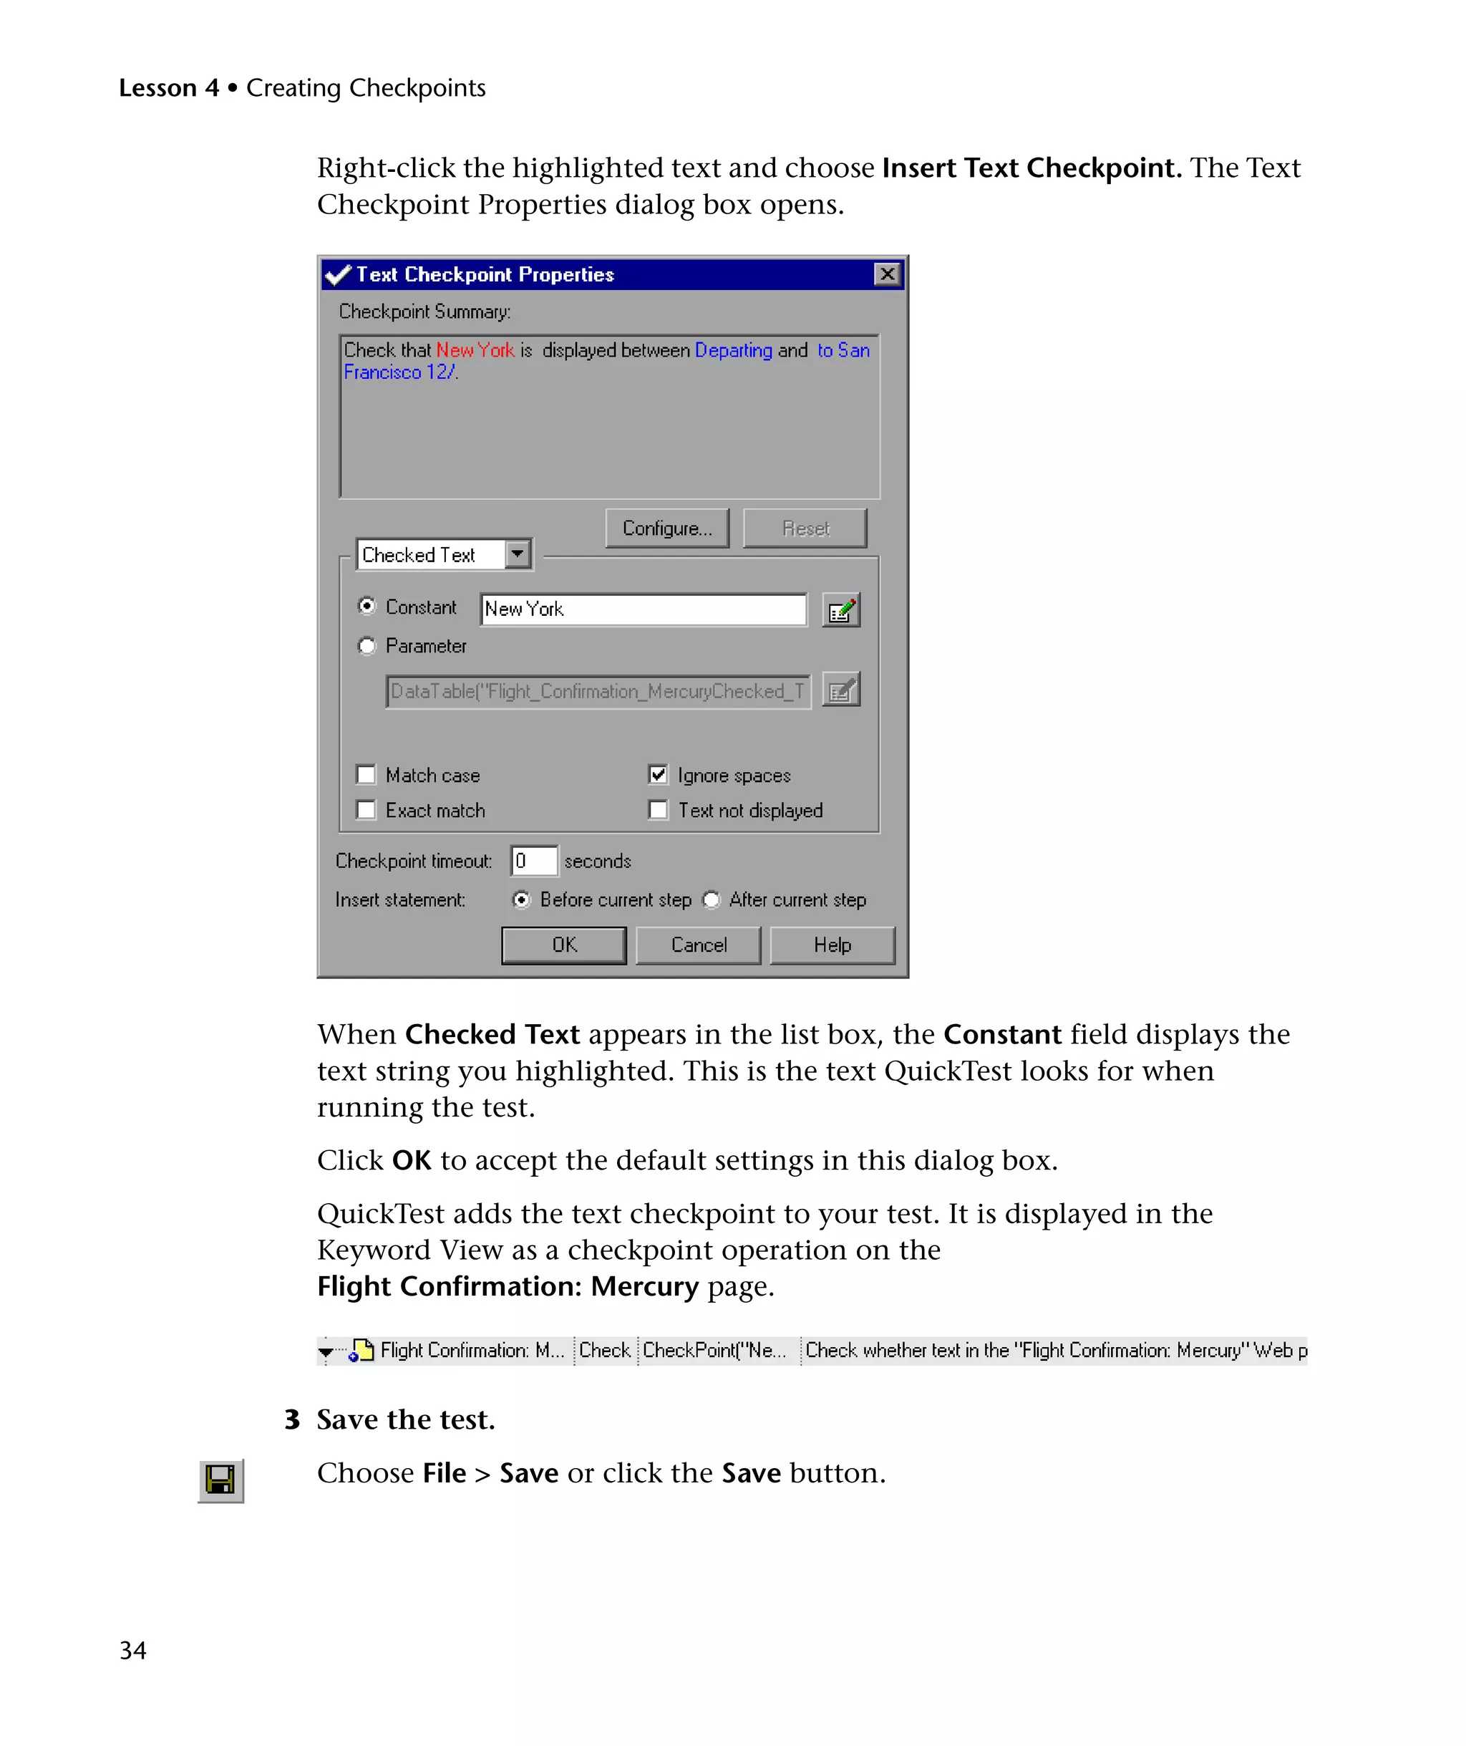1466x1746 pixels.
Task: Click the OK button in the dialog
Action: (x=563, y=945)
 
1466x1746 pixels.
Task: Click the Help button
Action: (x=832, y=945)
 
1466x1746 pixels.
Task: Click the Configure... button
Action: (x=666, y=529)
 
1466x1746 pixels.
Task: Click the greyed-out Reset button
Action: (x=805, y=529)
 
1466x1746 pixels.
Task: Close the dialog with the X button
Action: (x=887, y=274)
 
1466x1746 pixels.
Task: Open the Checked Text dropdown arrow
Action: (x=518, y=554)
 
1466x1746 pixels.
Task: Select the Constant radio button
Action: (x=366, y=606)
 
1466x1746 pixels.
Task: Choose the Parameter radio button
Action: (x=366, y=646)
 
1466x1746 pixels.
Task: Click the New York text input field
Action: (x=644, y=609)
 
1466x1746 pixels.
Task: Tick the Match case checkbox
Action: (x=366, y=775)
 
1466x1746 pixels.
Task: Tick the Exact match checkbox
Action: (x=366, y=810)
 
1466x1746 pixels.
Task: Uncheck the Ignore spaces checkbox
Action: (x=657, y=775)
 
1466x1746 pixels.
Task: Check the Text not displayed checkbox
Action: (x=657, y=810)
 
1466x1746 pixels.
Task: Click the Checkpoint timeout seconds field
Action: (x=533, y=862)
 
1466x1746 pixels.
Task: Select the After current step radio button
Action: (x=712, y=899)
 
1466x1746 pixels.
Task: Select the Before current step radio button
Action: (x=521, y=899)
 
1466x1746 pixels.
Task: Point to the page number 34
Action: (x=133, y=1650)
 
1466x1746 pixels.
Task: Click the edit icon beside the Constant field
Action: (x=840, y=610)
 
